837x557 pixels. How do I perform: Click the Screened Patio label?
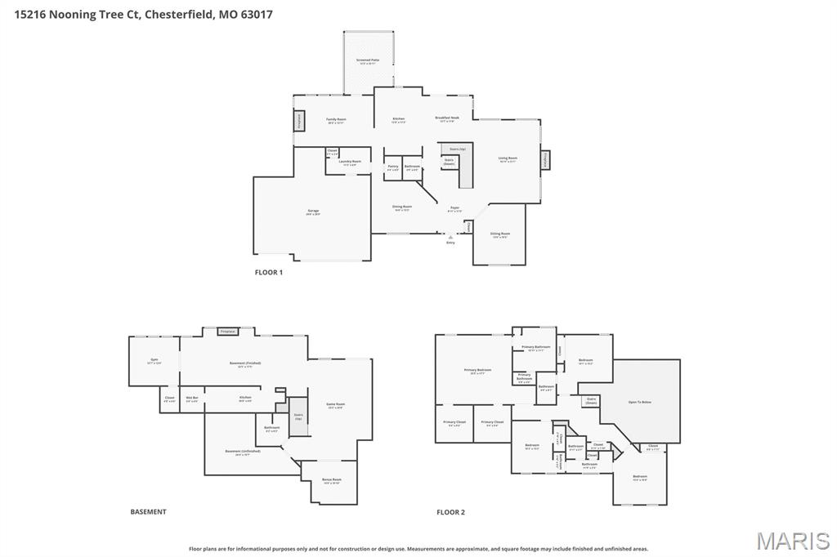coord(368,61)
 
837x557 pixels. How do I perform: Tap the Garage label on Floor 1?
coord(313,212)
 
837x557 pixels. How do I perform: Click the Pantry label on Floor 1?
coord(393,167)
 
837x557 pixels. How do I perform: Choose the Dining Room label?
coord(402,207)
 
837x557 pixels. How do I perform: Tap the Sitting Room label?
coord(499,234)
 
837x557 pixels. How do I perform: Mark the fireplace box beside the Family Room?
coord(299,121)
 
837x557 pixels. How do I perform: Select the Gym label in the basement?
coord(154,361)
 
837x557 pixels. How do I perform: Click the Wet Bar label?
coord(192,399)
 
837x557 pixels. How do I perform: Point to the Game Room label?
coord(336,405)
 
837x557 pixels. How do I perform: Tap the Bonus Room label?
coord(332,480)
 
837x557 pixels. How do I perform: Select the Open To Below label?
coord(640,402)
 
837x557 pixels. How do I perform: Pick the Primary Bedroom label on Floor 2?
coord(478,371)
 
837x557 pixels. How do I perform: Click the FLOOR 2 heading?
coord(450,512)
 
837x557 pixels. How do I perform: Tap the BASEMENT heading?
coord(148,512)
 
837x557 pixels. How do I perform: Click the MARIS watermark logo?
coord(793,540)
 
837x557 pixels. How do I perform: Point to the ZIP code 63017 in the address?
coord(257,14)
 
